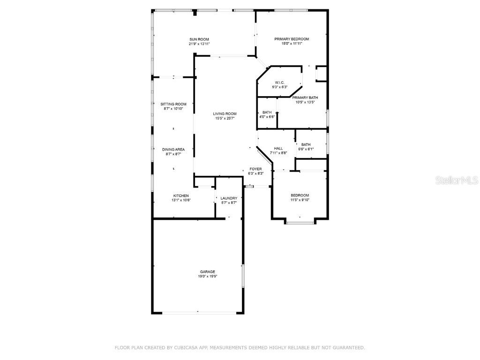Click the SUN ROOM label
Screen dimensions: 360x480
click(199, 39)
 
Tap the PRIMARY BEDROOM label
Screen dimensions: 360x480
click(292, 39)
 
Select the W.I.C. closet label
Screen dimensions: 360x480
click(280, 82)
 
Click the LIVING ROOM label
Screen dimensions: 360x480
click(225, 113)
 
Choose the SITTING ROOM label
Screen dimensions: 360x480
click(173, 104)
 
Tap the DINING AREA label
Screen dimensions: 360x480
click(173, 149)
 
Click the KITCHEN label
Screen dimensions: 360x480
click(181, 195)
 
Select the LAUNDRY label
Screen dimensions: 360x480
click(229, 198)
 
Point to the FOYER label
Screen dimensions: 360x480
click(255, 169)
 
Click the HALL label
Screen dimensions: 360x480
click(278, 148)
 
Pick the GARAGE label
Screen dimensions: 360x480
click(207, 272)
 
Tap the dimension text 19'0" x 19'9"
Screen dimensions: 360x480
click(207, 277)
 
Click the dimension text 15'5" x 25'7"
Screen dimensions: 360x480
click(225, 118)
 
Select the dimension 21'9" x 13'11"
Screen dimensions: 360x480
click(199, 44)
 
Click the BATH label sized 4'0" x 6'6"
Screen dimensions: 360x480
click(267, 112)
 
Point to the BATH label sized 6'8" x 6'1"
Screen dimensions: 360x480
click(306, 144)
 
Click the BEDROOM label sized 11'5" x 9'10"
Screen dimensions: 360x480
click(300, 195)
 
